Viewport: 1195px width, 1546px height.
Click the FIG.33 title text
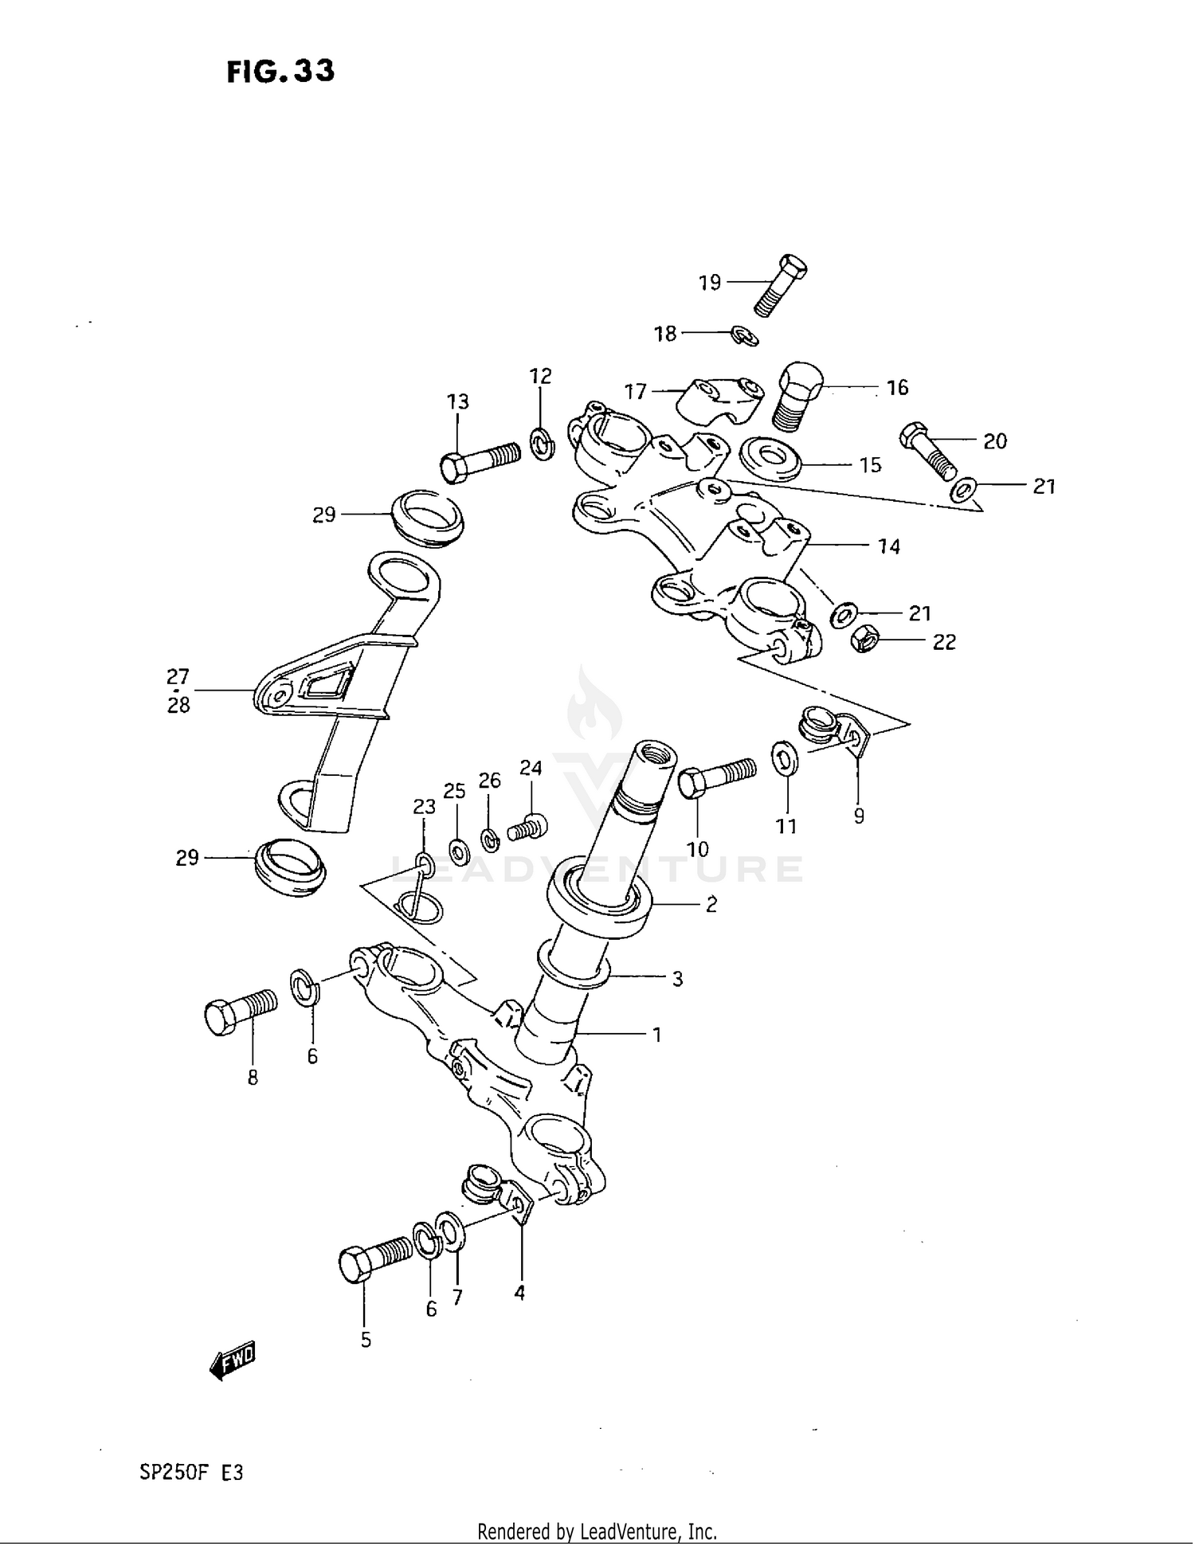(x=280, y=72)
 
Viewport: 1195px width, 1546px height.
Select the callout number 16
(x=897, y=388)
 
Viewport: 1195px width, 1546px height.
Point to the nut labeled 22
(x=864, y=639)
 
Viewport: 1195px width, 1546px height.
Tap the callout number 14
(x=888, y=546)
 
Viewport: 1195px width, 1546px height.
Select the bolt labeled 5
(x=375, y=1256)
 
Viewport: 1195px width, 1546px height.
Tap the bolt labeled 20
(x=928, y=452)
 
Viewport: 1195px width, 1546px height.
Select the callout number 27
(x=178, y=677)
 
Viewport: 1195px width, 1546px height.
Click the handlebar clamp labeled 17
(x=719, y=401)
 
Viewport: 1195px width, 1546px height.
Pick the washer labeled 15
(x=770, y=460)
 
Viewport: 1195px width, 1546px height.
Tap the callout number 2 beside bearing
(x=711, y=904)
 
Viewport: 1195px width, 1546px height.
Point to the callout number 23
(x=424, y=807)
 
